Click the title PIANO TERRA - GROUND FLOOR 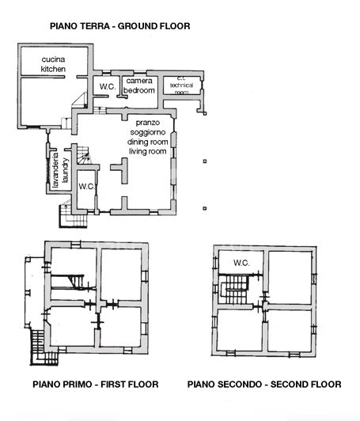coord(119,26)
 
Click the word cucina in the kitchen coord(53,60)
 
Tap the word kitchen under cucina coord(53,70)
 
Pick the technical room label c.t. coord(180,78)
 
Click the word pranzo coord(147,123)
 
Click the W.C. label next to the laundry coord(86,186)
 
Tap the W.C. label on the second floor coord(241,263)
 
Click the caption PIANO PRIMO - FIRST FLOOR coord(96,385)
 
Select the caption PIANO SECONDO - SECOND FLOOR coord(264,385)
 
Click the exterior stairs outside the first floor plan coord(37,342)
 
